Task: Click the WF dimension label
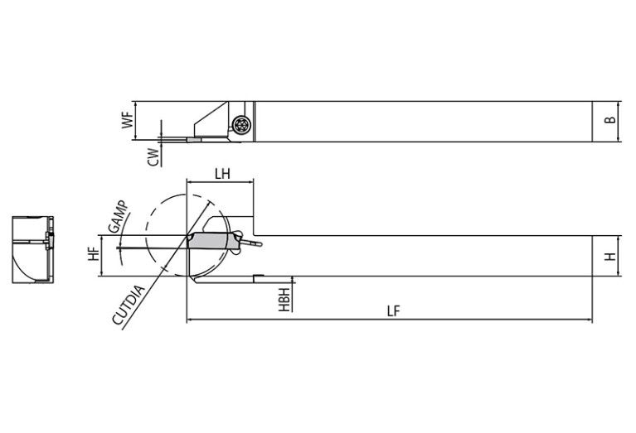click(128, 120)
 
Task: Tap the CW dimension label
click(153, 156)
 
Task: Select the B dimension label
click(609, 120)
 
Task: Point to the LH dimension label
click(222, 174)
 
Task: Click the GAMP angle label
click(119, 217)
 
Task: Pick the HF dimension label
click(94, 254)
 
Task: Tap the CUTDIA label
click(129, 306)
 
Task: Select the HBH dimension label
click(284, 300)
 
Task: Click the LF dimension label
click(393, 311)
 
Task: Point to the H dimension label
click(609, 256)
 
